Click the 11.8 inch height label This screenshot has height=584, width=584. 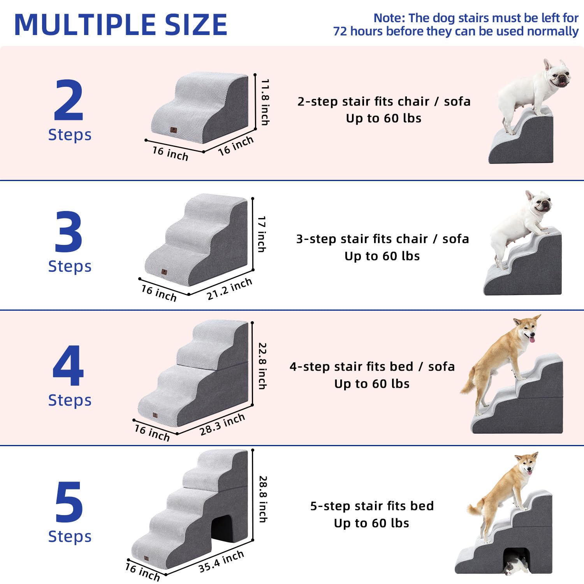pyautogui.click(x=265, y=102)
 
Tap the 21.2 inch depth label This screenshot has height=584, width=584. pyautogui.click(x=229, y=289)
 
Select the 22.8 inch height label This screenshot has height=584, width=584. pyautogui.click(x=263, y=366)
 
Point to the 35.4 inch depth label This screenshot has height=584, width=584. pyautogui.click(x=221, y=561)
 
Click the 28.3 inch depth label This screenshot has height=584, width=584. pyautogui.click(x=222, y=424)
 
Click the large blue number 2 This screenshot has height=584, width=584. pyautogui.click(x=69, y=100)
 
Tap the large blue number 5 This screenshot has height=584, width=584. pyautogui.click(x=69, y=502)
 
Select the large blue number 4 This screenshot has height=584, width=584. pyautogui.click(x=69, y=366)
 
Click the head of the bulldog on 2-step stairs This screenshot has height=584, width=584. pyautogui.click(x=558, y=74)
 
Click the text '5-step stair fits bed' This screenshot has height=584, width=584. pyautogui.click(x=372, y=506)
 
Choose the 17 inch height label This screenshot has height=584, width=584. pyautogui.click(x=262, y=234)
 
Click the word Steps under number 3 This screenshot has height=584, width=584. pyautogui.click(x=70, y=266)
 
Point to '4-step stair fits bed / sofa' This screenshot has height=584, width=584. pyautogui.click(x=372, y=366)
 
